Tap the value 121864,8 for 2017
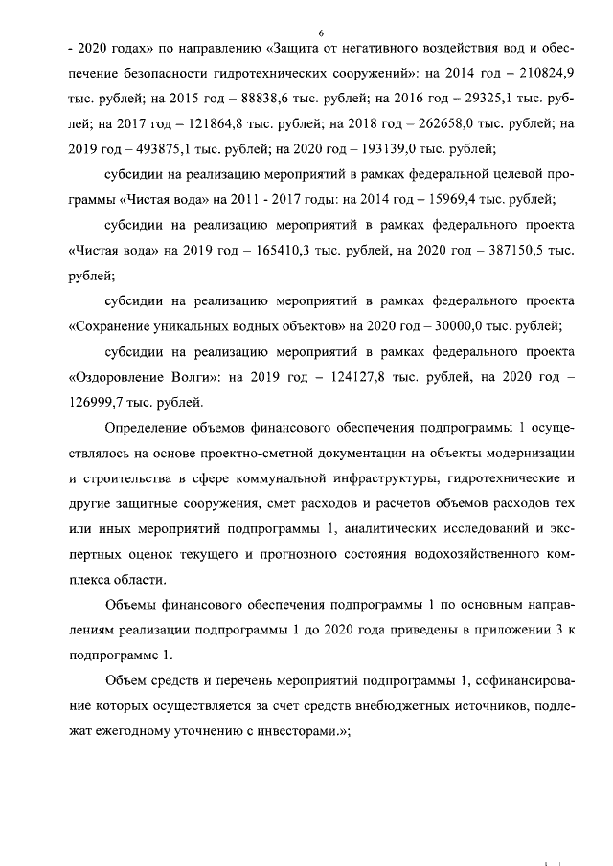click(x=193, y=123)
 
